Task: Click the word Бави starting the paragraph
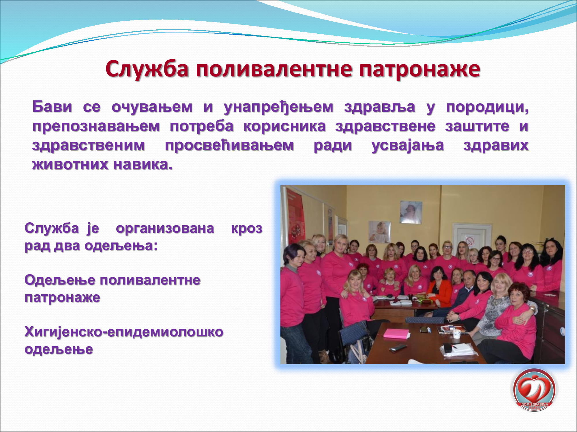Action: pyautogui.click(x=52, y=107)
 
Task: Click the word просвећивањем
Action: pyautogui.click(x=229, y=145)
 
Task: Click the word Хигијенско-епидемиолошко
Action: pyautogui.click(x=124, y=332)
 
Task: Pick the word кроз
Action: pyautogui.click(x=247, y=229)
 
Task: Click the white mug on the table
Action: pyautogui.click(x=457, y=334)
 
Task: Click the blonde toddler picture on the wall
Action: pyautogui.click(x=379, y=232)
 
